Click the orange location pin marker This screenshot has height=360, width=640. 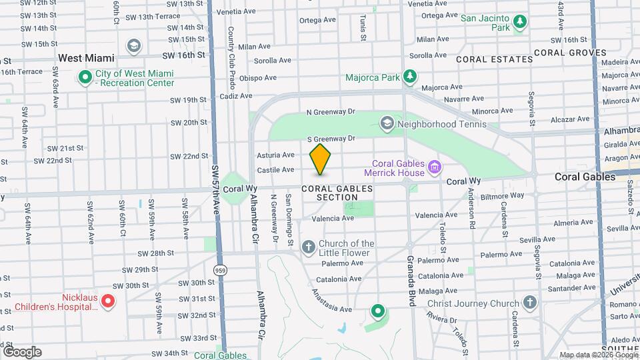[x=321, y=159]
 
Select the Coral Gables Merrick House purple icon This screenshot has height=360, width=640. [x=435, y=166]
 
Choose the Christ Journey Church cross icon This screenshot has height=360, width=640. [x=530, y=303]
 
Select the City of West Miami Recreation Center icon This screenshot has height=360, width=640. [x=85, y=77]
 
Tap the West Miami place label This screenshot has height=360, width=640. [x=85, y=59]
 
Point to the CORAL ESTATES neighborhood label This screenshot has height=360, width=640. [x=495, y=59]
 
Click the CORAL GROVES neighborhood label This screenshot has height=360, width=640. [x=569, y=53]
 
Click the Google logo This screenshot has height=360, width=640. [x=22, y=351]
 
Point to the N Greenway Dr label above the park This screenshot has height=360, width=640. [x=331, y=112]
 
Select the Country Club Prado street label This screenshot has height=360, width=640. [x=231, y=51]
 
